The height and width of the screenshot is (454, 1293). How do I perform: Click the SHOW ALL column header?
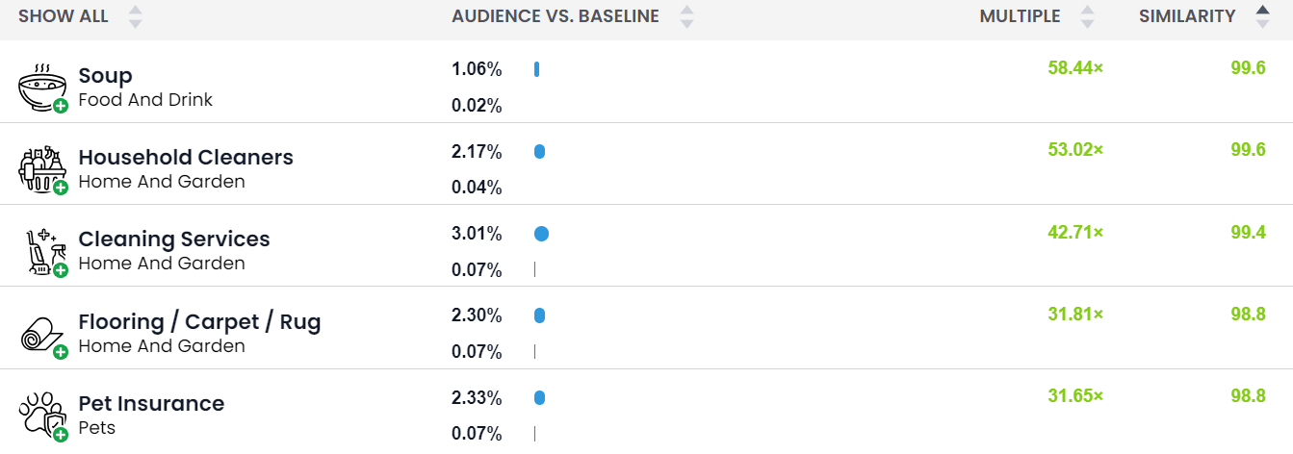click(64, 16)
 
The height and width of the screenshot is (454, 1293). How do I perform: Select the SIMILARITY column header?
click(1186, 16)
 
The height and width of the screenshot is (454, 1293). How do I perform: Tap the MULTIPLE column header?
click(1020, 16)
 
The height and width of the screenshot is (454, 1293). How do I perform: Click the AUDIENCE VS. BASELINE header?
click(556, 16)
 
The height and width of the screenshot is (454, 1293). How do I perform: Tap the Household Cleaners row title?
click(186, 157)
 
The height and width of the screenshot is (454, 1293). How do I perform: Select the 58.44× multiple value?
click(1075, 67)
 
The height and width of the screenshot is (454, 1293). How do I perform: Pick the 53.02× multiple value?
click(1075, 149)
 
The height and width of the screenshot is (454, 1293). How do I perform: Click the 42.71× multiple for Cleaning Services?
click(1075, 232)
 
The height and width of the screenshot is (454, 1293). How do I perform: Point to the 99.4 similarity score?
click(1248, 232)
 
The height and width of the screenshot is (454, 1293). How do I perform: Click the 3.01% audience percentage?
click(477, 234)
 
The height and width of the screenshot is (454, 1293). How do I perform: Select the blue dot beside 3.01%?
click(541, 234)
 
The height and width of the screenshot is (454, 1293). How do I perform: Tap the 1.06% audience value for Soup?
click(477, 69)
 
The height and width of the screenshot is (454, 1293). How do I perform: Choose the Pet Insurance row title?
click(151, 403)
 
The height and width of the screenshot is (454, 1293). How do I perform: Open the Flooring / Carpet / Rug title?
click(199, 321)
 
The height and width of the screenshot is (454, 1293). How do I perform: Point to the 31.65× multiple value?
click(1075, 396)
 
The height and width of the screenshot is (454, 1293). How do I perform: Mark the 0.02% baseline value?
click(477, 106)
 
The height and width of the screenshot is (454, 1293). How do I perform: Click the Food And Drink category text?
click(145, 99)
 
